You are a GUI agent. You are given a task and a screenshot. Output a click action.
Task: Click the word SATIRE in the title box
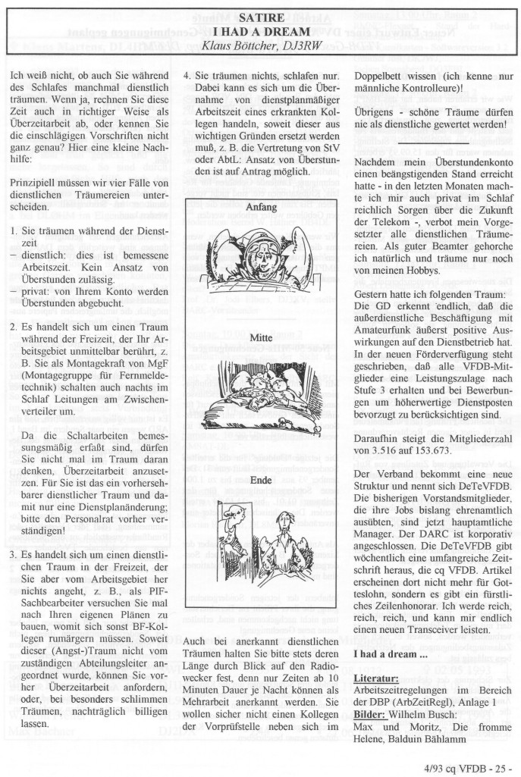point(260,18)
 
